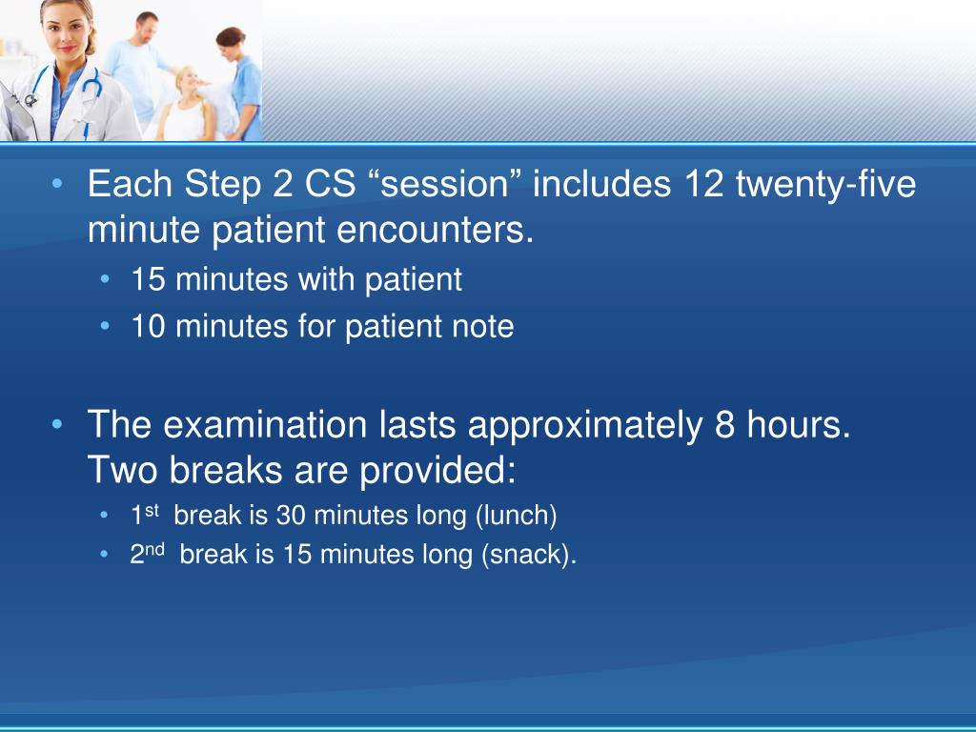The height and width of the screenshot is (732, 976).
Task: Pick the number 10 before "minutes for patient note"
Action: [x=148, y=327]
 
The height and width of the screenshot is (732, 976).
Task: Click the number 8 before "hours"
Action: [x=722, y=425]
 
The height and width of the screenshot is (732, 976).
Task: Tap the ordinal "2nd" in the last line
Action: [x=148, y=553]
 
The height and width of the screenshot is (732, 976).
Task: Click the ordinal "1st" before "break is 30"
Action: [x=145, y=514]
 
